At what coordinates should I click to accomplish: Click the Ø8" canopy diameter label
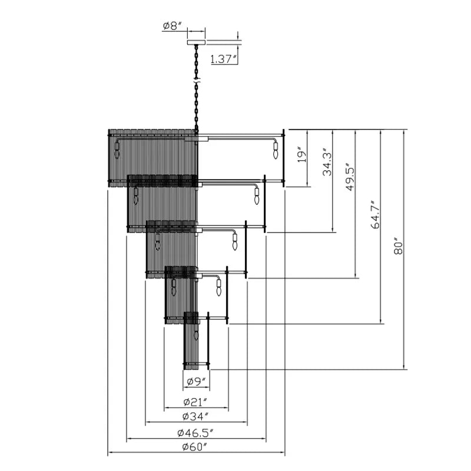pyautogui.click(x=173, y=26)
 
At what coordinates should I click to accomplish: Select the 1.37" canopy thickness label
pyautogui.click(x=222, y=59)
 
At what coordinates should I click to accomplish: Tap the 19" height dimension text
pyautogui.click(x=303, y=155)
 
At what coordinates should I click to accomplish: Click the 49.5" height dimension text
pyautogui.click(x=350, y=178)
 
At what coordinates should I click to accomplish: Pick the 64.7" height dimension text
pyautogui.click(x=375, y=214)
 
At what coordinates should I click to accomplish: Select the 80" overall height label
pyautogui.click(x=398, y=247)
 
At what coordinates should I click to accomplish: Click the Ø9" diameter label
pyautogui.click(x=196, y=382)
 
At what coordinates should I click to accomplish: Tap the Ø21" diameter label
pyautogui.click(x=195, y=402)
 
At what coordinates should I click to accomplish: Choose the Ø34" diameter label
pyautogui.click(x=195, y=416)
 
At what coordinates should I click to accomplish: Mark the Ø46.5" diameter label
pyautogui.click(x=195, y=433)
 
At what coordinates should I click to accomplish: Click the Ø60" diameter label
pyautogui.click(x=195, y=447)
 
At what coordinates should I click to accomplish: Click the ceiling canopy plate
pyautogui.click(x=196, y=42)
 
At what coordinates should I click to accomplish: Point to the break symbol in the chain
pyautogui.click(x=197, y=81)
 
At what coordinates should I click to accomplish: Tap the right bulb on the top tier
pyautogui.click(x=276, y=151)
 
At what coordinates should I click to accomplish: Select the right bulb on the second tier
pyautogui.click(x=257, y=196)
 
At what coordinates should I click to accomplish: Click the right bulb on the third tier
pyautogui.click(x=235, y=242)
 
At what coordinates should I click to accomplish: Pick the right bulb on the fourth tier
pyautogui.click(x=218, y=287)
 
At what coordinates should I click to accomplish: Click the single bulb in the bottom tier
pyautogui.click(x=197, y=335)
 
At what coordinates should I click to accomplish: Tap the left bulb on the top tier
pyautogui.click(x=117, y=150)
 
